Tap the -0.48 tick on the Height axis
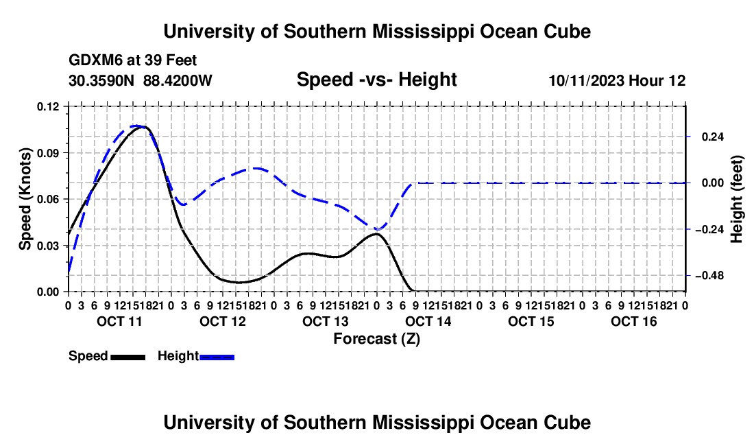pyautogui.click(x=709, y=276)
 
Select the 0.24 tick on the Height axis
pyautogui.click(x=713, y=137)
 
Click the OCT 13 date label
pyautogui.click(x=325, y=321)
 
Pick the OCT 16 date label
pyautogui.click(x=634, y=321)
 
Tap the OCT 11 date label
pyautogui.click(x=120, y=321)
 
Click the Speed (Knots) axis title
pyautogui.click(x=25, y=199)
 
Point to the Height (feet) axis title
pyautogui.click(x=737, y=199)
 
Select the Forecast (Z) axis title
pyautogui.click(x=377, y=339)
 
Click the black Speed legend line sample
pyautogui.click(x=128, y=357)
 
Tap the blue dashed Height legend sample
pyautogui.click(x=217, y=357)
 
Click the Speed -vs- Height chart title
pyautogui.click(x=376, y=80)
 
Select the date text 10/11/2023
pyautogui.click(x=586, y=80)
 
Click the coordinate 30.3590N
pyautogui.click(x=101, y=80)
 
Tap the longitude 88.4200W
pyautogui.click(x=178, y=80)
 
